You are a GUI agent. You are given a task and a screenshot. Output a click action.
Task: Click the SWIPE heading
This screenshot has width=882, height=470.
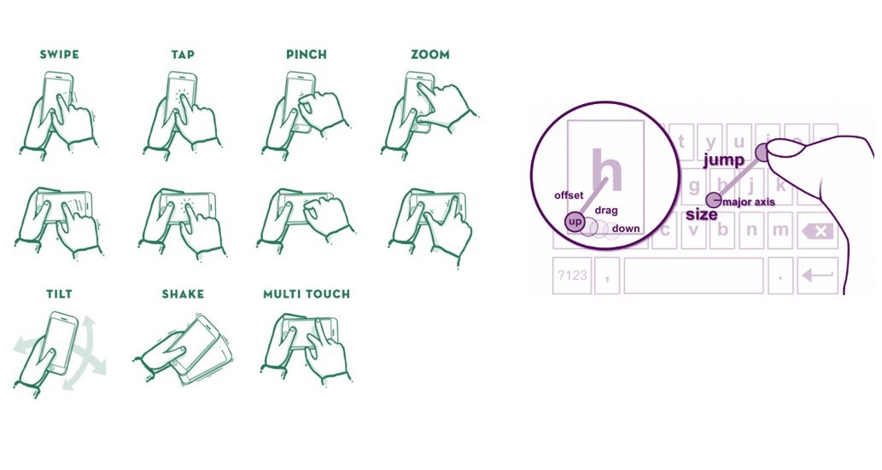[x=59, y=55]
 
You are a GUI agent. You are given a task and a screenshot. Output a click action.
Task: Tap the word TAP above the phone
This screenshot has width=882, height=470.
[x=183, y=55]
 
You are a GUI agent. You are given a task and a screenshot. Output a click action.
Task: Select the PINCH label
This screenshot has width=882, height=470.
[x=306, y=55]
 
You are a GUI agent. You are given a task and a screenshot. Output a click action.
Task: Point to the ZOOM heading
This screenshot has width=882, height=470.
[x=429, y=55]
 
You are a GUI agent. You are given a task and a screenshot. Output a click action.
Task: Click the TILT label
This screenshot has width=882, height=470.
[x=59, y=294]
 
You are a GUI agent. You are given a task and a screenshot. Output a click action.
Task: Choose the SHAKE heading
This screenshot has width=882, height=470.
[x=183, y=294]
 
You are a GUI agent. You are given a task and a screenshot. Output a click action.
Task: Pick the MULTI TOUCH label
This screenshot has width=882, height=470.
[x=307, y=294]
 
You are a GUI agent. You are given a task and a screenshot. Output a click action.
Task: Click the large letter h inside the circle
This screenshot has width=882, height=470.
[x=608, y=171]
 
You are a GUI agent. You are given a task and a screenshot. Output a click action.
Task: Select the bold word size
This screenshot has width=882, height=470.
[x=701, y=215]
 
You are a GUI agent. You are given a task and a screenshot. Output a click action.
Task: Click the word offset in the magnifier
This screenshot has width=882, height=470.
[x=569, y=195]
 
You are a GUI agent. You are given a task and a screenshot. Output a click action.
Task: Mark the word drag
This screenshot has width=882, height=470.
[x=606, y=210]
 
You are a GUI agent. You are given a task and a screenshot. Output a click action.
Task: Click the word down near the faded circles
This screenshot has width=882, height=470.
[x=626, y=229]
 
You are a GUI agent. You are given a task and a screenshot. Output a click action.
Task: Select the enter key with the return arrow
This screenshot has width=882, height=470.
[x=817, y=275]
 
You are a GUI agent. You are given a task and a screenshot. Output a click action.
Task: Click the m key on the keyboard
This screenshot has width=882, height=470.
[x=779, y=230]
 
